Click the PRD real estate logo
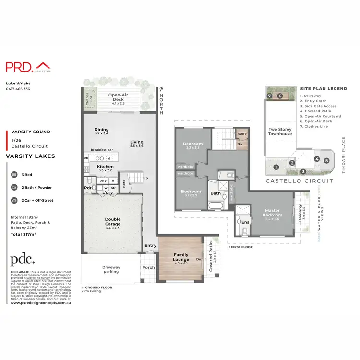(28, 67)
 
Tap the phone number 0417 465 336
(18, 89)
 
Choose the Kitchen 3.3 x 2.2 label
(105, 168)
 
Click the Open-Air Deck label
(117, 97)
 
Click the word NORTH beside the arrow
(163, 102)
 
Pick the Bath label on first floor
(215, 193)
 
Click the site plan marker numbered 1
(276, 167)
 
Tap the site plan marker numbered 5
(327, 161)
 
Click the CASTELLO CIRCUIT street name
(299, 181)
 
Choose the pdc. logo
(23, 259)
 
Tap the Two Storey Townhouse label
(280, 131)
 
